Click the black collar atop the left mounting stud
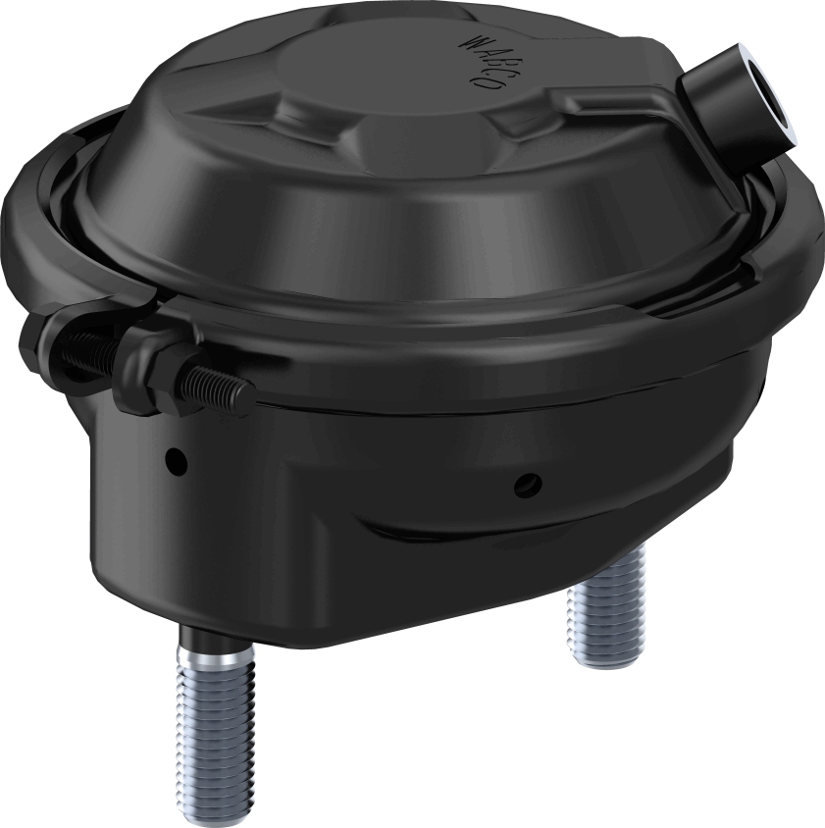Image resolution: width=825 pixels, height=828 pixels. click(x=212, y=644)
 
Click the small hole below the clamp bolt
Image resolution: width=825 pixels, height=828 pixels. click(x=176, y=457)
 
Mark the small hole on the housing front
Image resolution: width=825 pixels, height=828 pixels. click(x=530, y=481)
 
